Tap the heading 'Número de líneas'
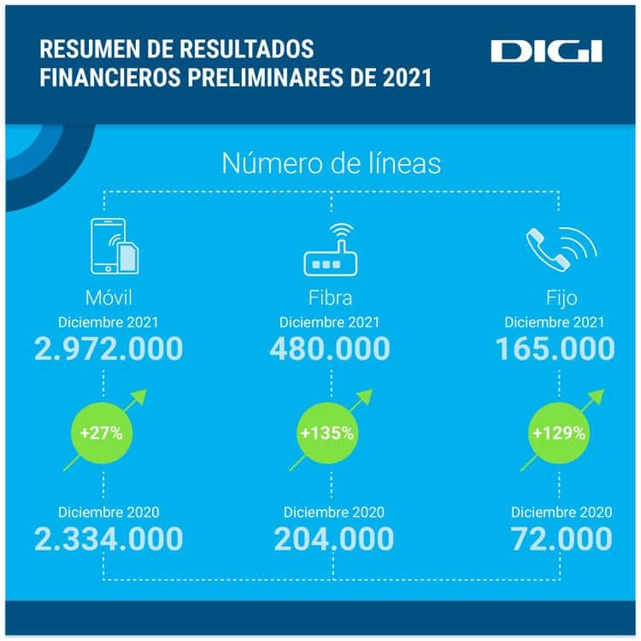point(332,163)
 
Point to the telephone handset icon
point(561,248)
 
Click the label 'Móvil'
point(108,299)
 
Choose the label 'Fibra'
point(330,299)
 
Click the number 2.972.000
point(109,349)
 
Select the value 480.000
point(330,349)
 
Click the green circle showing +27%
point(102,432)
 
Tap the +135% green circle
point(326,432)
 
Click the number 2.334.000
point(109,539)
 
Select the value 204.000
point(333,539)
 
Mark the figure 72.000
point(562,539)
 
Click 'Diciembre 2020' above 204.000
point(334,512)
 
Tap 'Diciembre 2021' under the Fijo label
point(555,322)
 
